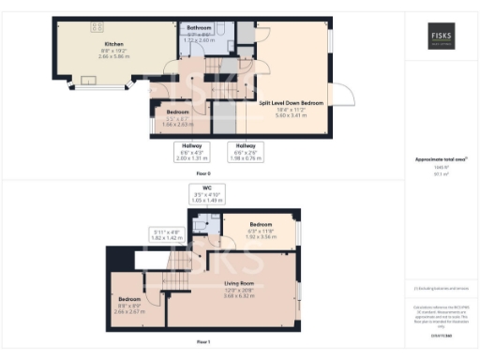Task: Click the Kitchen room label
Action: pos(114,43)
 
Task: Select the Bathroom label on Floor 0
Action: pos(199,29)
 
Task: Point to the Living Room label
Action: pos(239,282)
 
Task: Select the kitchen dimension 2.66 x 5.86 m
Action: pos(114,55)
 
